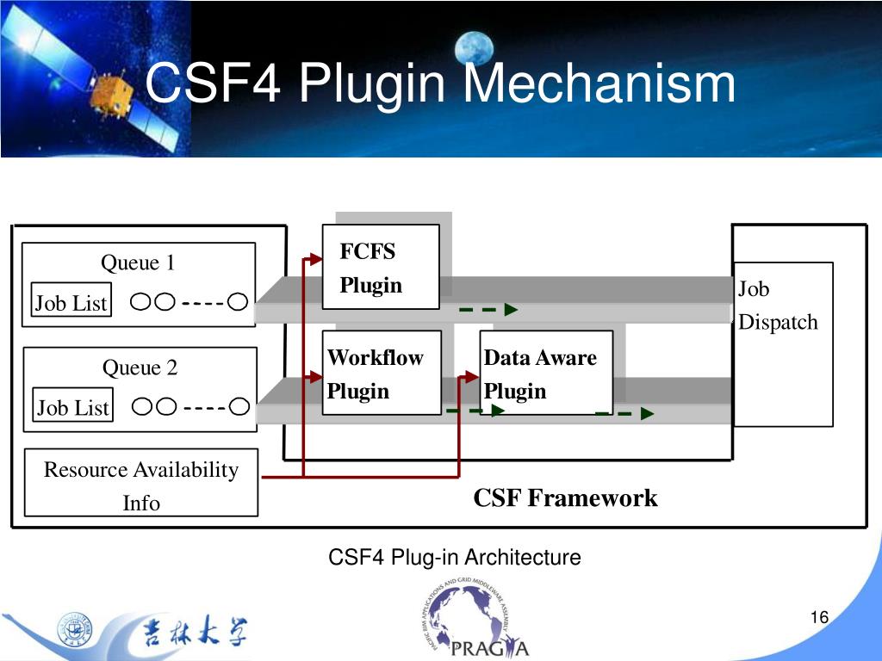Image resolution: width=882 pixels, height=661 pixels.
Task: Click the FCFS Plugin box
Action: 380,267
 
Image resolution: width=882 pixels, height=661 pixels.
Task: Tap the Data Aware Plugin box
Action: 545,373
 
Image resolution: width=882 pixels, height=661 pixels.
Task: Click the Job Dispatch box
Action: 782,343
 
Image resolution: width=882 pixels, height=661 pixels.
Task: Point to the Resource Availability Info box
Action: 141,483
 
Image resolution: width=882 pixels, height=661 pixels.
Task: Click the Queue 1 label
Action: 138,263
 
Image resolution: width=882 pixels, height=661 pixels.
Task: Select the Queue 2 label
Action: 140,368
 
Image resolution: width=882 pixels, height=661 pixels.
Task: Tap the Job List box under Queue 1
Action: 71,303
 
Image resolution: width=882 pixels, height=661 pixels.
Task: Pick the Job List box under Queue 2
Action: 73,407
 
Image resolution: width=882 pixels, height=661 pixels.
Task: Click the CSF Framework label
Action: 565,498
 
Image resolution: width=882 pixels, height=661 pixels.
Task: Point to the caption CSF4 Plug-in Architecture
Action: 455,558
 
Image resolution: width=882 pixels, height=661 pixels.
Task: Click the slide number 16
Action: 818,618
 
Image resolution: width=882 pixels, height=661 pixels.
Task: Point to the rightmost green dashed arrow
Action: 624,414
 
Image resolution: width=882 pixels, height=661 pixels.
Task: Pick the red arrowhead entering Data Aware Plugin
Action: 473,376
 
